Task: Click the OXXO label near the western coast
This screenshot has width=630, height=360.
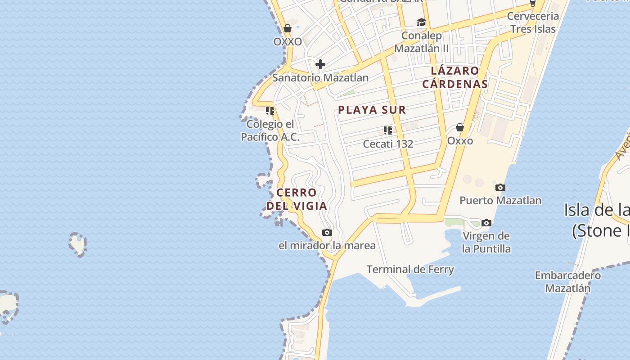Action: [x=288, y=41]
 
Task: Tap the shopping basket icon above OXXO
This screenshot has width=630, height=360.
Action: [x=288, y=29]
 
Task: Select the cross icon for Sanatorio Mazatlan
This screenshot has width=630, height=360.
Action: [x=320, y=64]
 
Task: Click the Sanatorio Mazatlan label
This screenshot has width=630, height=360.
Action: [x=320, y=77]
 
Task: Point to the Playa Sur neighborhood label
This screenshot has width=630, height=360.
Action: [x=372, y=109]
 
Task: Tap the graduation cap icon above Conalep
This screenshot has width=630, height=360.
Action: [x=421, y=22]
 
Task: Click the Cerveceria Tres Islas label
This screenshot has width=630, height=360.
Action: [x=533, y=22]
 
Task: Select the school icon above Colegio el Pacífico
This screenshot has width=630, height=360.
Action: [x=270, y=110]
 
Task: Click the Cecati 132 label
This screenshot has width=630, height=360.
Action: [x=388, y=144]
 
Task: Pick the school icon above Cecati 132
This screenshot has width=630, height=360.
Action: [x=388, y=130]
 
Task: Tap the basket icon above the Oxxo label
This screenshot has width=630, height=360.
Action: [x=460, y=128]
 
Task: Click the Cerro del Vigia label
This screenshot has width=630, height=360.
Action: [x=297, y=199]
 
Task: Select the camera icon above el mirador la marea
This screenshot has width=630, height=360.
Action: [x=327, y=233]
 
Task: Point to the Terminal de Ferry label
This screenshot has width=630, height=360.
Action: [x=410, y=270]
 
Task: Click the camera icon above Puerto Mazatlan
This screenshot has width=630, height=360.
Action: [x=500, y=187]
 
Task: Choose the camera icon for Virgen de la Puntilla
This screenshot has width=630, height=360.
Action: [x=486, y=223]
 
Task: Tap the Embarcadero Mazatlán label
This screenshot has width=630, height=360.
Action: [x=567, y=282]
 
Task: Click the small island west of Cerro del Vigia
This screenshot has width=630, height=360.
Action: [x=78, y=244]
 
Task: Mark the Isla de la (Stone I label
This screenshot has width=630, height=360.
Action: [x=597, y=220]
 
